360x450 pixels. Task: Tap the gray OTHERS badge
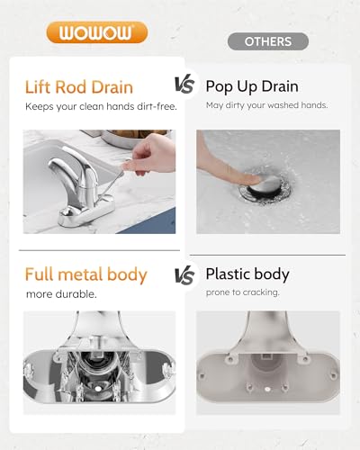[x=267, y=41]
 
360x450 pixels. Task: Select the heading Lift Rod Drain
[x=78, y=87]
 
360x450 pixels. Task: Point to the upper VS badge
[x=184, y=86]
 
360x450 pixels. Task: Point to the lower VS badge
[x=184, y=274]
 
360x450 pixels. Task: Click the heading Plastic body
[x=248, y=274]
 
